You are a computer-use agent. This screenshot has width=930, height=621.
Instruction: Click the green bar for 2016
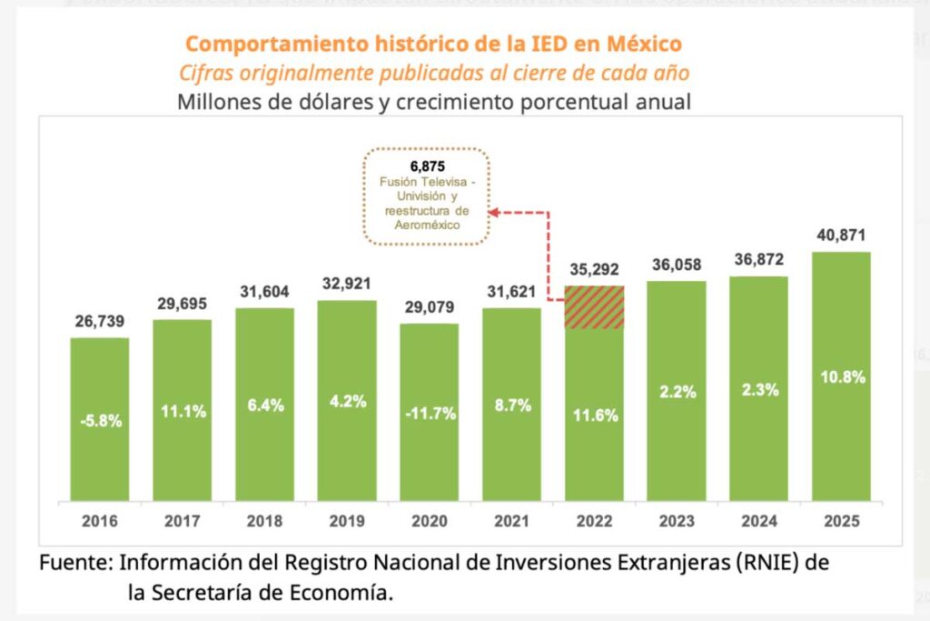coord(100,418)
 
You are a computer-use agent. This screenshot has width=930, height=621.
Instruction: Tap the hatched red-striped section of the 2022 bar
coord(594,306)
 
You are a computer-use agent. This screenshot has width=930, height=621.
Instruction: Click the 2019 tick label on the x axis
coord(346,522)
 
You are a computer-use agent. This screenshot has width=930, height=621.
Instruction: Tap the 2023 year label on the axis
coord(677,522)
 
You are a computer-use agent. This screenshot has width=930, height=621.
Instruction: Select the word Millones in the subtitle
coord(219,101)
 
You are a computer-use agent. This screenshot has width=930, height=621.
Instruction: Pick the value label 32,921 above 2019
coord(347,283)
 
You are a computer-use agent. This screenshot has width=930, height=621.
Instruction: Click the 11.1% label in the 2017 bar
coord(182,411)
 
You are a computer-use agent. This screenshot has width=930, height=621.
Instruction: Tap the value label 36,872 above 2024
coord(758,259)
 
